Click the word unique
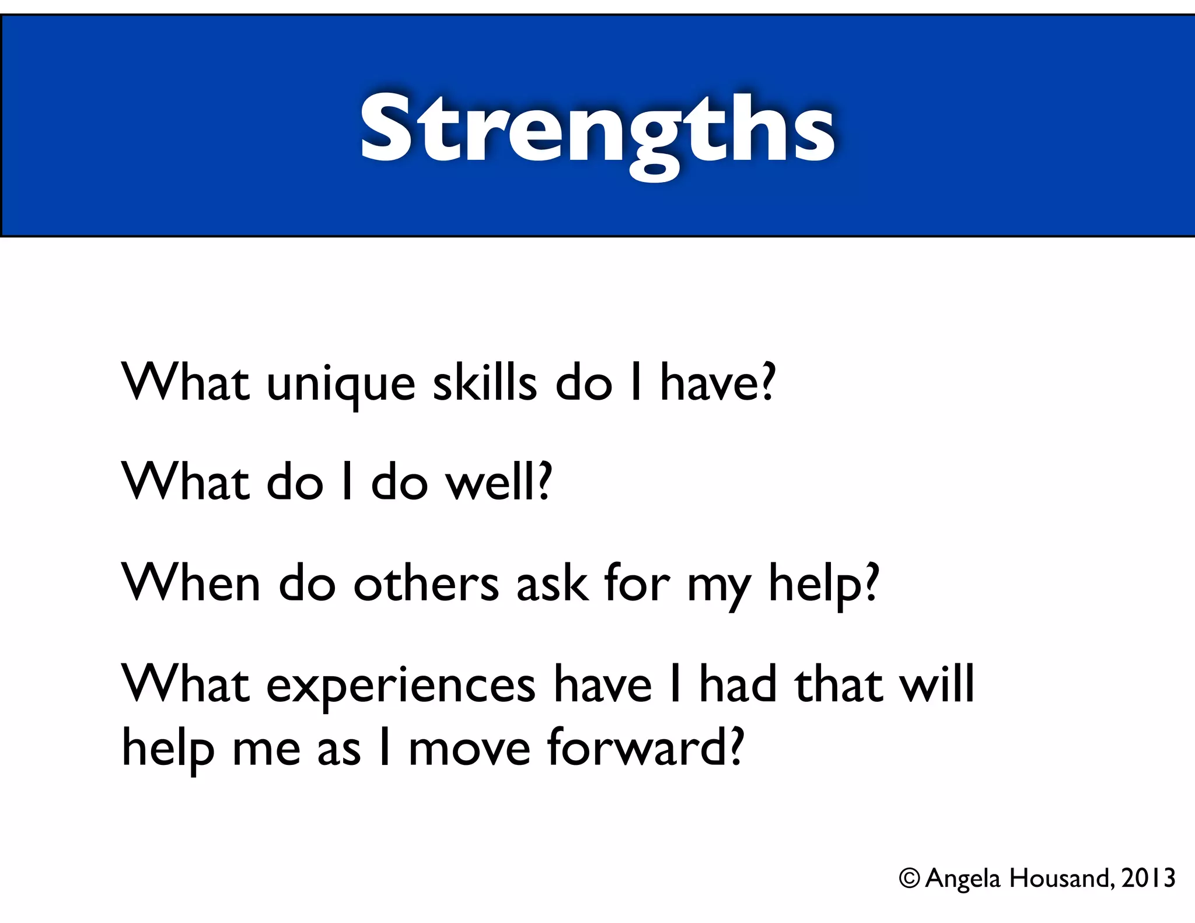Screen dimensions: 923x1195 pyautogui.click(x=341, y=385)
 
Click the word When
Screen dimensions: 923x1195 pyautogui.click(x=190, y=583)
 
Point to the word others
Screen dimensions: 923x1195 pyautogui.click(x=426, y=583)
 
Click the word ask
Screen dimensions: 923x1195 pyautogui.click(x=552, y=583)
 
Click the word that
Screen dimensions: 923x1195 pyautogui.click(x=838, y=684)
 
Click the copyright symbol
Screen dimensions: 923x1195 pyautogui.click(x=909, y=878)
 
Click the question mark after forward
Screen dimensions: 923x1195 pyautogui.click(x=737, y=747)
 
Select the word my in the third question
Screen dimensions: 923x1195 pyautogui.click(x=719, y=586)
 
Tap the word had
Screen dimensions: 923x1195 pyautogui.click(x=738, y=684)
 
